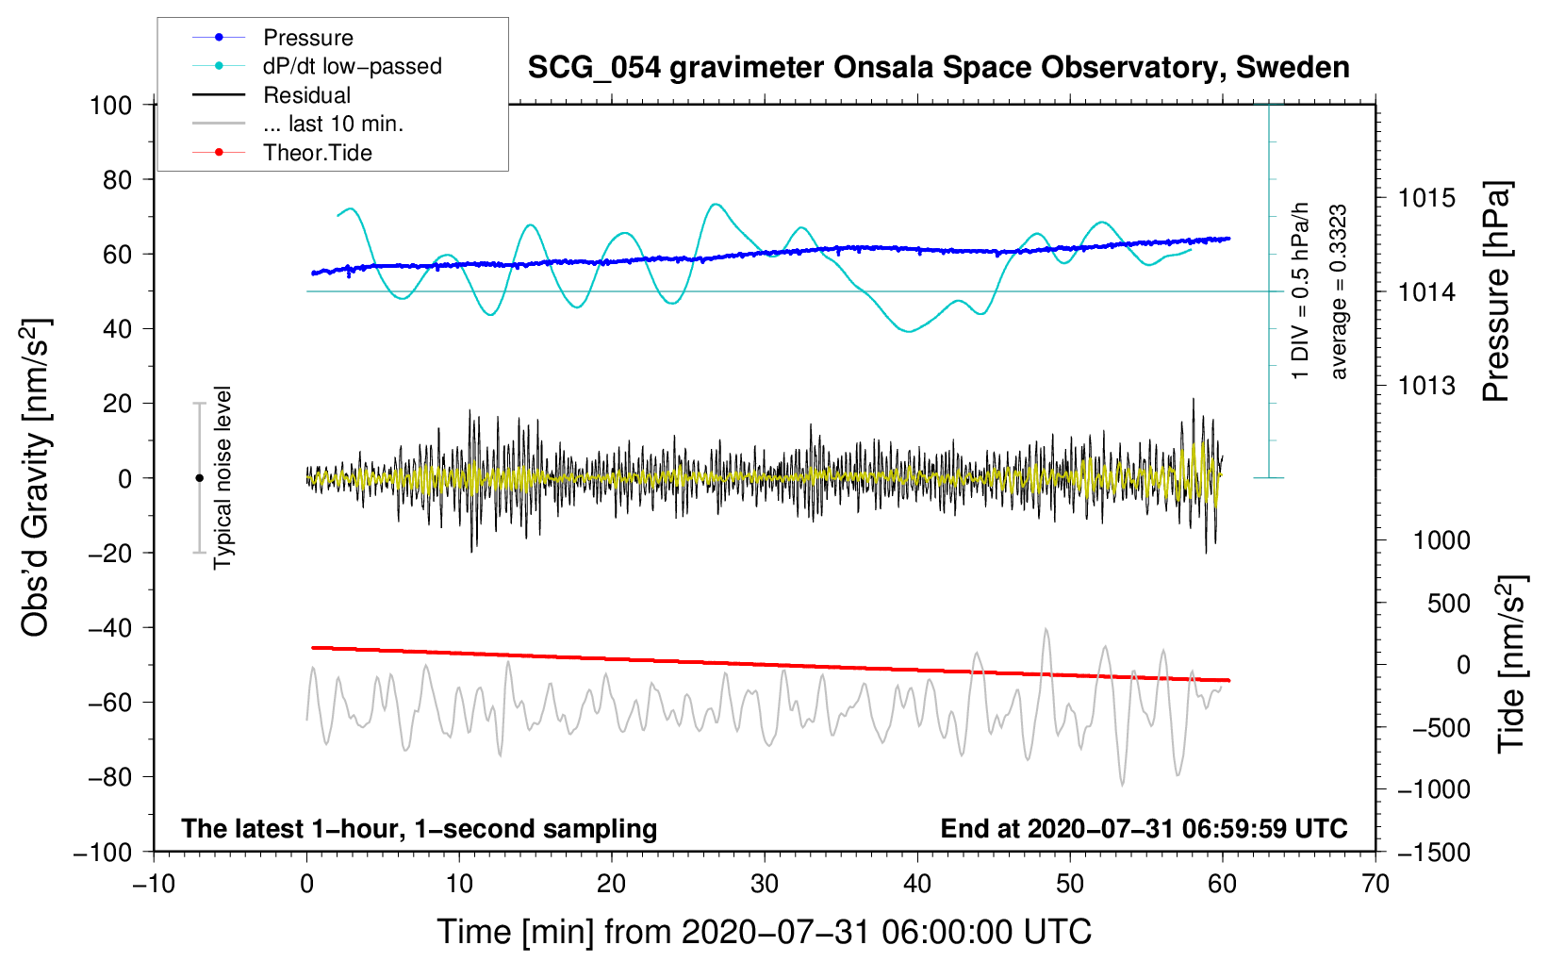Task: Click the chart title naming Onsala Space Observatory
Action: point(938,68)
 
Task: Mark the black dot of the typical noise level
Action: point(199,478)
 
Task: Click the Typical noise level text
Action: point(222,477)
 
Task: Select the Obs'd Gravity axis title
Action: point(36,477)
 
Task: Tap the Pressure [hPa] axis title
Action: point(1496,291)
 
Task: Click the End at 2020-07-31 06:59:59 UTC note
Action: point(1144,828)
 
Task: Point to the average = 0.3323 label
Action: point(1338,291)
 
